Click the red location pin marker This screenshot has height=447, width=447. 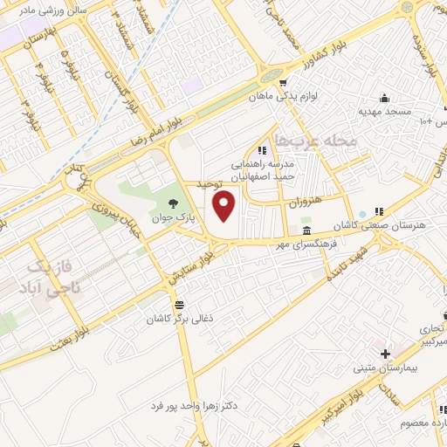(225, 205)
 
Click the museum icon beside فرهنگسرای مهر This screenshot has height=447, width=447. (306, 230)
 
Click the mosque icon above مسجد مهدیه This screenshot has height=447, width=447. (383, 97)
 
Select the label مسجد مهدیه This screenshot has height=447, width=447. (383, 112)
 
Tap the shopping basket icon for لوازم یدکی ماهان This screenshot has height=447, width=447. (283, 83)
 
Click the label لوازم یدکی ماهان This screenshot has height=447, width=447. (319, 97)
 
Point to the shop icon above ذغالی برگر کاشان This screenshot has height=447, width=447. (179, 304)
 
